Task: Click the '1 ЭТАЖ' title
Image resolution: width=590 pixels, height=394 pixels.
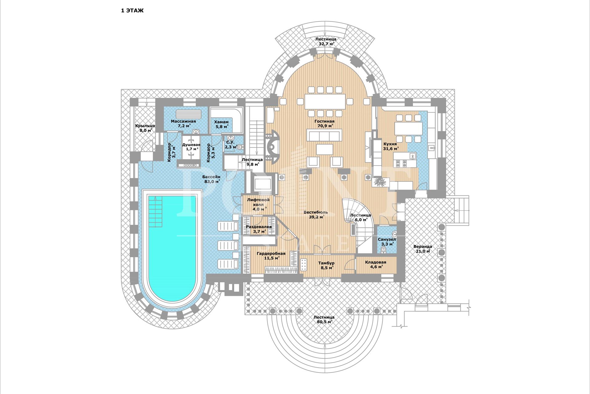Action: click(132, 11)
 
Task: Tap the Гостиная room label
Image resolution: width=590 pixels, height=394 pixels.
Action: click(324, 121)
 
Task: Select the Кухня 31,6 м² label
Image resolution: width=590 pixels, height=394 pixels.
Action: click(391, 146)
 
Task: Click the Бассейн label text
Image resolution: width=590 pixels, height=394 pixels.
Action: click(211, 177)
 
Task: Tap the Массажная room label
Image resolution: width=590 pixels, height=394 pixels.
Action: click(183, 121)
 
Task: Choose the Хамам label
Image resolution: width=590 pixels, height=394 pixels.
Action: click(221, 122)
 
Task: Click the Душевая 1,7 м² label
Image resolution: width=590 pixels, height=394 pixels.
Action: click(191, 147)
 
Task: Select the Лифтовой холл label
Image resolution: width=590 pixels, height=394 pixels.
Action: click(258, 202)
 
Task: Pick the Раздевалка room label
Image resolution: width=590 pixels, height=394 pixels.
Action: click(259, 227)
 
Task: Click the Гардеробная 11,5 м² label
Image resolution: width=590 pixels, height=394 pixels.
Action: click(271, 256)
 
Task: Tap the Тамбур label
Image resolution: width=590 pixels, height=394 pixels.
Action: click(326, 263)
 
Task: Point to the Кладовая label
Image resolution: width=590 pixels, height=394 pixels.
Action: click(376, 262)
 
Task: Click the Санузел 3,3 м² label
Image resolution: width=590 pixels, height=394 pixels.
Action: click(387, 242)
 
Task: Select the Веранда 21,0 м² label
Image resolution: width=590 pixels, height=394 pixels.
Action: click(423, 249)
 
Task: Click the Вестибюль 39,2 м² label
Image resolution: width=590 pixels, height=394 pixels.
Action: click(316, 215)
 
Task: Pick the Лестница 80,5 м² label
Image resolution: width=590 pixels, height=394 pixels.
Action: click(324, 320)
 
